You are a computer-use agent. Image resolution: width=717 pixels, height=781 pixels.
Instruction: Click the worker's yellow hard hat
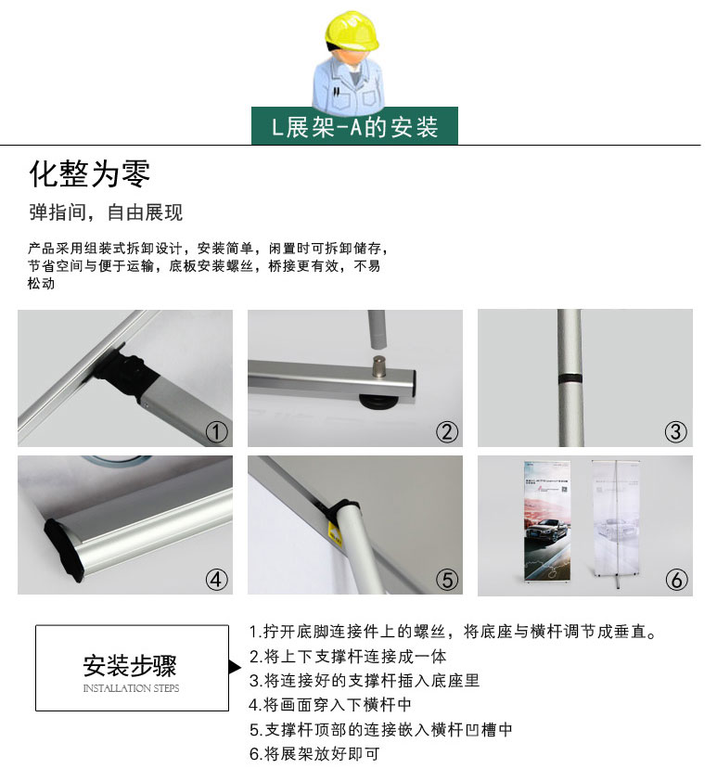pos(352,31)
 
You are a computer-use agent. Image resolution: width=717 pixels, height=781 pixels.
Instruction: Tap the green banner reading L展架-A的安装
pos(354,126)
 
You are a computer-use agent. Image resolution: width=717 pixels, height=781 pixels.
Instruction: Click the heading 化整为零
pos(90,173)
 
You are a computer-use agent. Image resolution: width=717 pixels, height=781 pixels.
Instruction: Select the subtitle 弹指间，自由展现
pos(106,212)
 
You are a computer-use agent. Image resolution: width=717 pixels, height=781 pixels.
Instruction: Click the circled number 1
pos(217,432)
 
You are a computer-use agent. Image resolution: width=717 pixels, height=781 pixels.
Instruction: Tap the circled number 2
pos(447,432)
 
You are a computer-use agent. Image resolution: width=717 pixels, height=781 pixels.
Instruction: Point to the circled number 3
pos(675,432)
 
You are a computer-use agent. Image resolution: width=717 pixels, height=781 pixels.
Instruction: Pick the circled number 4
pos(217,580)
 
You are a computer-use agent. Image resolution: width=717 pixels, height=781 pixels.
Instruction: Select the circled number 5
pos(447,580)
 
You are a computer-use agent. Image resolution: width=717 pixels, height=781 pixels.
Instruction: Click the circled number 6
pos(676,580)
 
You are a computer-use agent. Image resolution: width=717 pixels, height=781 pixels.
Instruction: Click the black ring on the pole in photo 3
pos(570,379)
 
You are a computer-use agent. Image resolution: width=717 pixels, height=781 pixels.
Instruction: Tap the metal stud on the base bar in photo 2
pos(379,366)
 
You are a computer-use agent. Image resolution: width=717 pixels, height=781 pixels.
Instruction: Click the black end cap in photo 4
pos(62,549)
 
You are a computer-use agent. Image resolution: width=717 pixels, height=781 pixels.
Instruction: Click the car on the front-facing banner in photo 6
pos(546,531)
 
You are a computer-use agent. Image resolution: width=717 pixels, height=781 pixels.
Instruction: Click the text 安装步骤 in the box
pos(130,665)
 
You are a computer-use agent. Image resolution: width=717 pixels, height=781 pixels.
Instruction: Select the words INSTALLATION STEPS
pos(131,688)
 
